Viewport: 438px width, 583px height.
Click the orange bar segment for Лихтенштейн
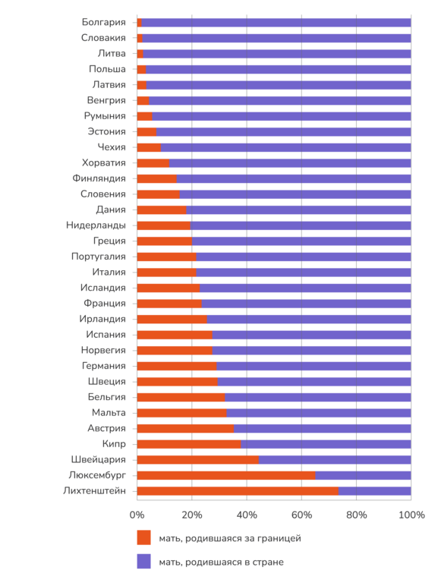click(238, 491)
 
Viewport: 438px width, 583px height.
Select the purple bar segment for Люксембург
click(363, 475)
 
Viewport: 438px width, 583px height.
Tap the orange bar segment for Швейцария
click(198, 459)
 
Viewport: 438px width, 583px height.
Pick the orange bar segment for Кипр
click(189, 444)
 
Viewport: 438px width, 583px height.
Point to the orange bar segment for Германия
click(177, 366)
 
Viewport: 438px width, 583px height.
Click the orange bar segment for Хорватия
click(153, 163)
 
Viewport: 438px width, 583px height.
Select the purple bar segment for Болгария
click(276, 22)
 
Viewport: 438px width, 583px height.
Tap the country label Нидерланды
click(96, 225)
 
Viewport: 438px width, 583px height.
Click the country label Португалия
click(99, 257)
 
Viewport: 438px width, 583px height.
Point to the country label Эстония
click(107, 131)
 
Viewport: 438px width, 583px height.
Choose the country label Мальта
click(109, 413)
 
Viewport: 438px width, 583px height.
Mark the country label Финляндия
click(99, 178)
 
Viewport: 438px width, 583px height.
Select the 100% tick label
click(411, 515)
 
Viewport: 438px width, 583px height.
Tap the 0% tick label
click(137, 515)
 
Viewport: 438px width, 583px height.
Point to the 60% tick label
click(301, 515)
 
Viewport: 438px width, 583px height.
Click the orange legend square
click(144, 537)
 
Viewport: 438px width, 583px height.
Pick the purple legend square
click(144, 562)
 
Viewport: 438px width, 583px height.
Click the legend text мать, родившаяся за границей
click(230, 538)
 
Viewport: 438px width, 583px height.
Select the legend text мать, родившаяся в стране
click(221, 563)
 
